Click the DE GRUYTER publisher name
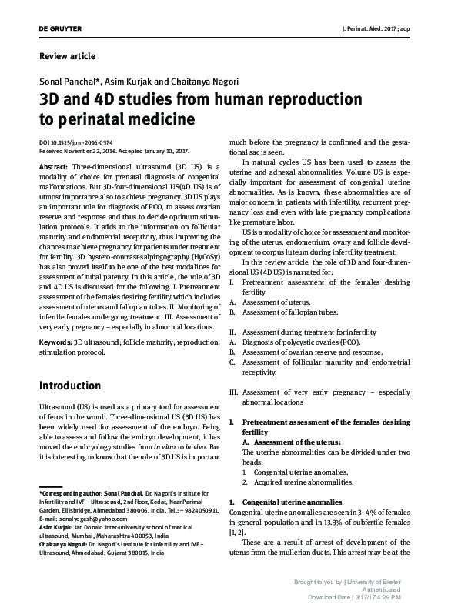[x=60, y=28]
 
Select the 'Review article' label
[x=67, y=56]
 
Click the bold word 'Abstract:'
[x=53, y=167]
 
